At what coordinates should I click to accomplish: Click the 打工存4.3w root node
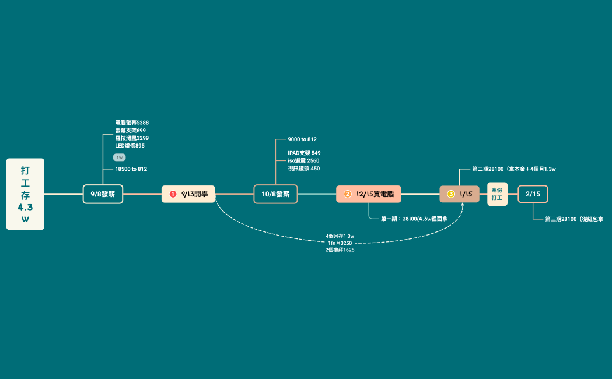point(25,194)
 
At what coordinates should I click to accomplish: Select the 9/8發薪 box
point(103,194)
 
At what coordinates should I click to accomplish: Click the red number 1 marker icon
point(173,194)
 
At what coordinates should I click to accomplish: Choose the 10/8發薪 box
point(275,194)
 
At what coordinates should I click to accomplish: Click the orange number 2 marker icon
point(347,194)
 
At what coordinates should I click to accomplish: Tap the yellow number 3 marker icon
point(450,194)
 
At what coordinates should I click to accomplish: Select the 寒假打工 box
point(497,194)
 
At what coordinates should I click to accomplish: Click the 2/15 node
point(533,194)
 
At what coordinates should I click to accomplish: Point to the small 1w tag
point(119,157)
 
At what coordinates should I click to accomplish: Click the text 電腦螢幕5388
point(132,123)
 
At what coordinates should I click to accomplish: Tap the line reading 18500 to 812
point(131,169)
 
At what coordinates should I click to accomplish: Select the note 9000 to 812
point(302,139)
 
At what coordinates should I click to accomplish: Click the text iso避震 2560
point(303,160)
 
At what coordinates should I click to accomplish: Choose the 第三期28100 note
point(573,219)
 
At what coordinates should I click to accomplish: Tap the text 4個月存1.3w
point(340,236)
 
